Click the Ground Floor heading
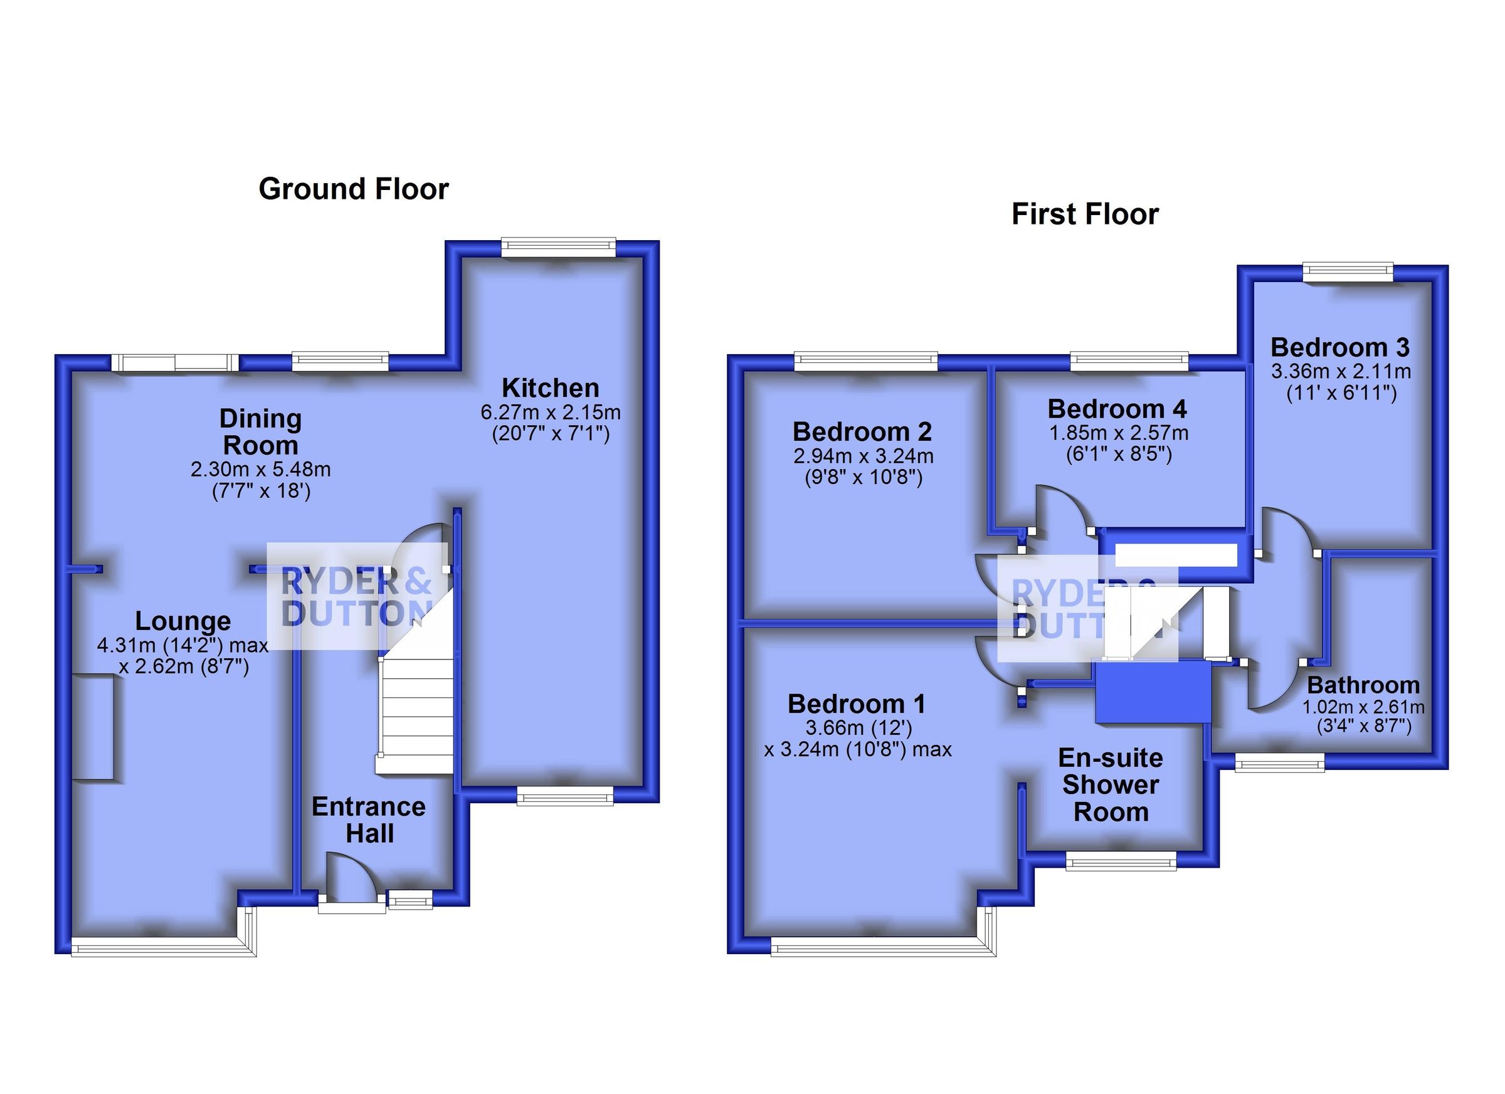tap(354, 189)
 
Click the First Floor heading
tap(1085, 214)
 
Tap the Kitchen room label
tap(550, 387)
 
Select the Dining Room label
tap(260, 431)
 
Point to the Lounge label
tap(182, 621)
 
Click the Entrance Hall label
tap(369, 820)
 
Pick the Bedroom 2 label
tap(862, 432)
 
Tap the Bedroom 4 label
tap(1117, 409)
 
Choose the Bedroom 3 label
tap(1340, 347)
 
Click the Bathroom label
tap(1364, 685)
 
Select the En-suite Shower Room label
tap(1111, 785)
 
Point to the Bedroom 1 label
tap(856, 704)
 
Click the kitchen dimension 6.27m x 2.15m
tap(551, 413)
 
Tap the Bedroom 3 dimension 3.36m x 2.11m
tap(1341, 372)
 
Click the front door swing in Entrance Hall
tap(351, 879)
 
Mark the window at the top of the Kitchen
tap(558, 248)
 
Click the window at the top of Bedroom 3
tap(1348, 272)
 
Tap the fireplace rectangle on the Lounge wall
tap(93, 727)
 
